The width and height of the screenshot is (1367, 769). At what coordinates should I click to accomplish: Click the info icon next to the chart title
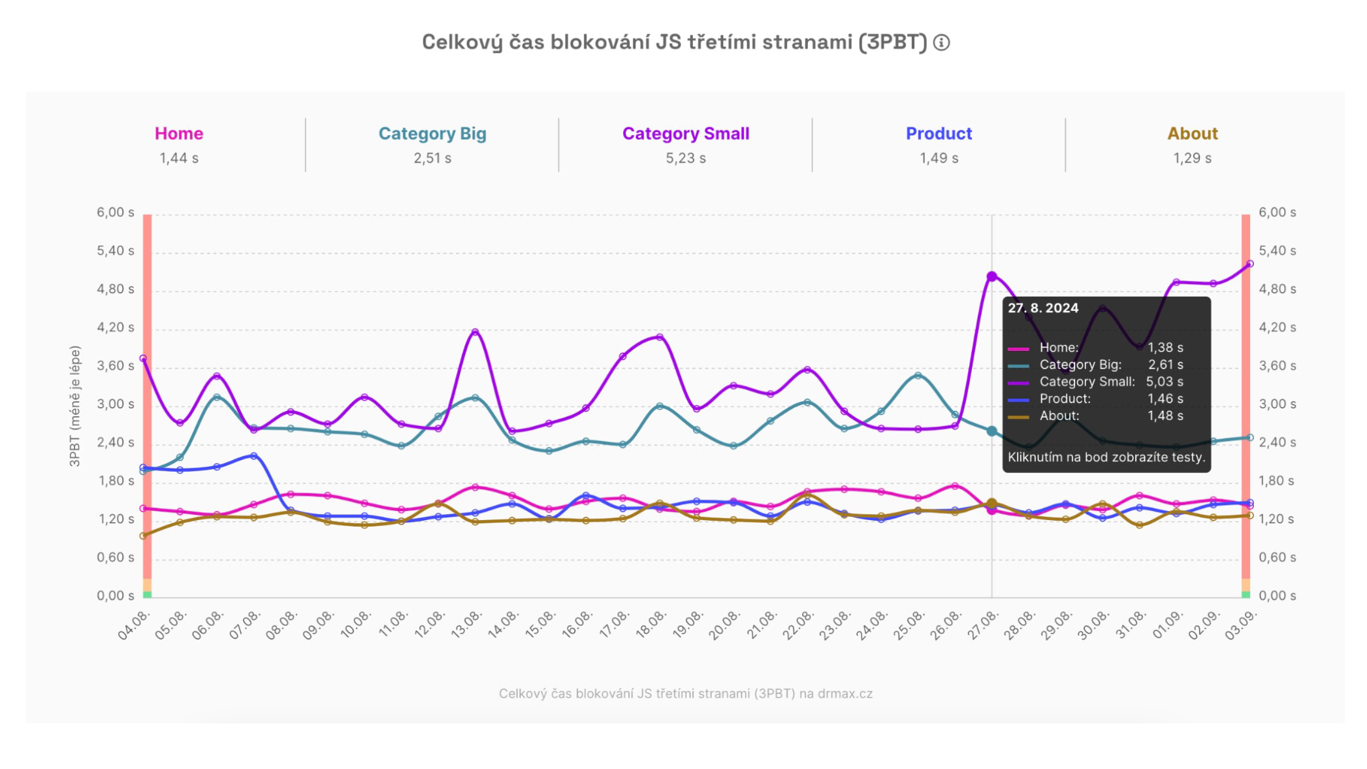click(941, 42)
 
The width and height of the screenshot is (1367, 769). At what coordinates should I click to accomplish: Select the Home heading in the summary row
click(179, 133)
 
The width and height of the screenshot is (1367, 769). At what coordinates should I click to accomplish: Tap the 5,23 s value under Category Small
click(685, 158)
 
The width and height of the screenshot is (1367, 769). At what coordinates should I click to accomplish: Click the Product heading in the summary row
click(939, 133)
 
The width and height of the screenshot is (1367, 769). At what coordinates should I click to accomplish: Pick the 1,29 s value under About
click(1192, 158)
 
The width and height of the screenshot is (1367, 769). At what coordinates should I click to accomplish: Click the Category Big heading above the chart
click(432, 133)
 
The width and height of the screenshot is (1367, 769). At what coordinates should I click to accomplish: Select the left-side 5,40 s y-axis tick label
click(116, 251)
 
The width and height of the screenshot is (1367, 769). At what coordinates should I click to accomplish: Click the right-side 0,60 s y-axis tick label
click(1277, 557)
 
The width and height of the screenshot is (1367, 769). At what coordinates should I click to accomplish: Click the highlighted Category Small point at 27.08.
click(991, 276)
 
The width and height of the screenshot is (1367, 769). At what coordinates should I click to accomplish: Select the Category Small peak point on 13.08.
click(475, 332)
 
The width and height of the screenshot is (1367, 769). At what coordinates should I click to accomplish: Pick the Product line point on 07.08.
click(253, 455)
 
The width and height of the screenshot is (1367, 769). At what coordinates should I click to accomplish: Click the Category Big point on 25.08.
click(918, 376)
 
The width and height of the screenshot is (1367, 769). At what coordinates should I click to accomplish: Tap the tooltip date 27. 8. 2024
click(1042, 308)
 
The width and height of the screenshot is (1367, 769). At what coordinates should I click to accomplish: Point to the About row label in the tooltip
click(1059, 416)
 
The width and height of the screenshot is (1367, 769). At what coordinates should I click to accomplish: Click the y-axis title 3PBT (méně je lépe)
click(74, 406)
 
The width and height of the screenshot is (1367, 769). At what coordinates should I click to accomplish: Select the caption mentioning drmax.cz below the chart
click(685, 693)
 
